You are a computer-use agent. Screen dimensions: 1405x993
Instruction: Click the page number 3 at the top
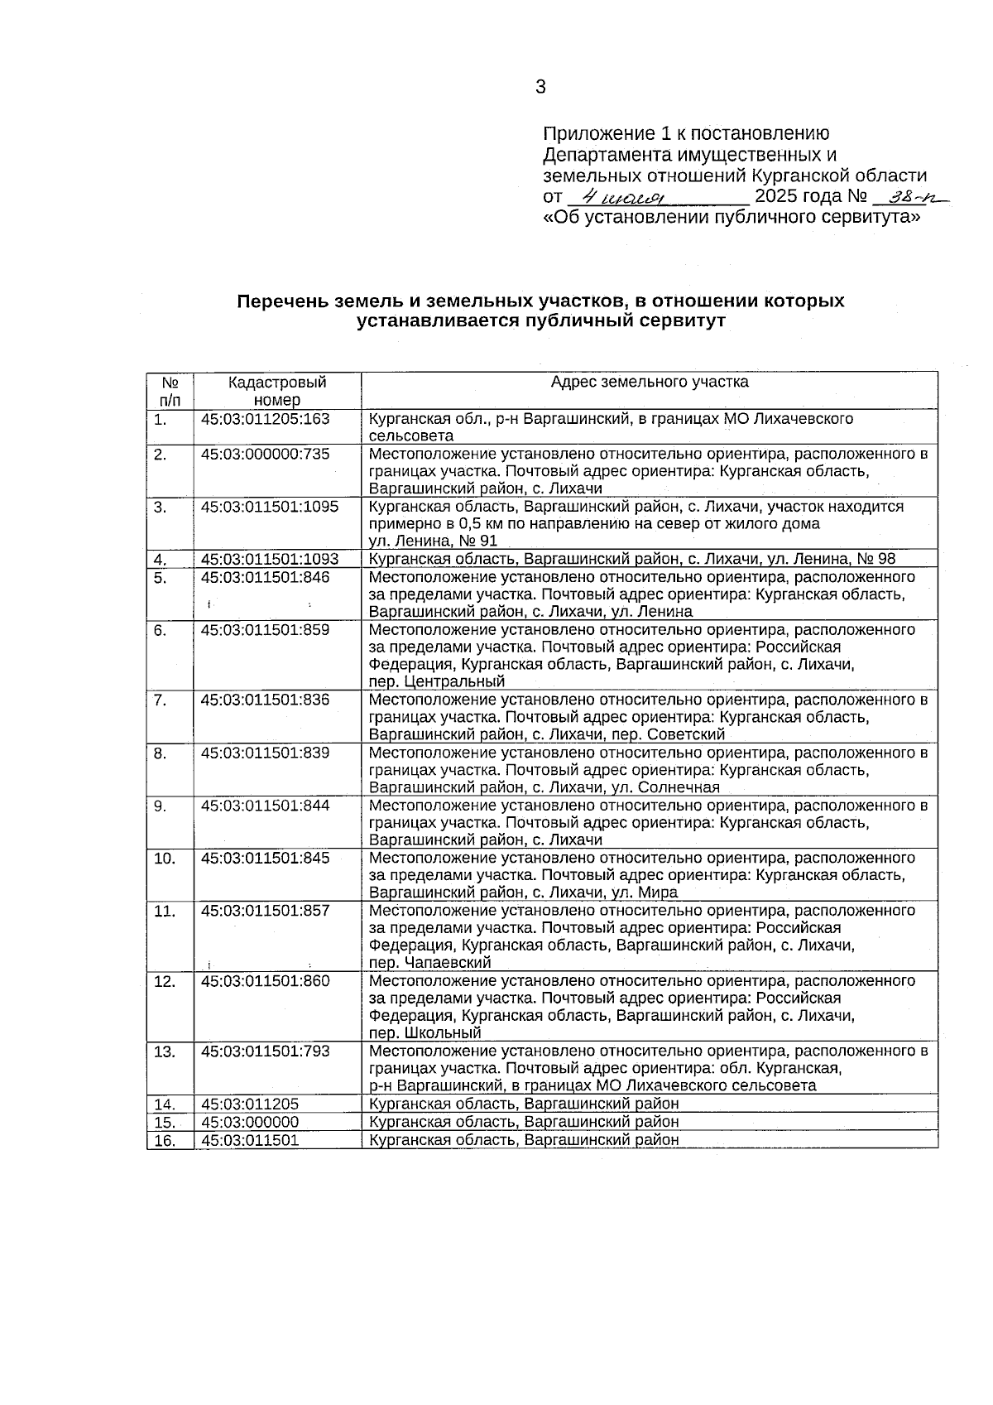pyautogui.click(x=540, y=87)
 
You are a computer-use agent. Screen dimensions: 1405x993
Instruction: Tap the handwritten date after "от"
pyautogui.click(x=625, y=197)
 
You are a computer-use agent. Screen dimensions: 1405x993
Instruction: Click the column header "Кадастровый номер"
pyautogui.click(x=277, y=390)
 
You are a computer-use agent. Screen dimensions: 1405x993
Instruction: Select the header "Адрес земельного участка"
pyautogui.click(x=650, y=382)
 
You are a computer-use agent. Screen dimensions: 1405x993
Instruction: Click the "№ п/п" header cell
pyautogui.click(x=170, y=390)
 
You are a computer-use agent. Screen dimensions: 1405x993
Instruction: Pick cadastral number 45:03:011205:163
pyautogui.click(x=265, y=419)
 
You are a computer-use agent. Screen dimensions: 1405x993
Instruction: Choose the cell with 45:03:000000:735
pyautogui.click(x=265, y=454)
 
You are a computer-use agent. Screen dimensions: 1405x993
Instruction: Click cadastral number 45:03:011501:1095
pyautogui.click(x=270, y=506)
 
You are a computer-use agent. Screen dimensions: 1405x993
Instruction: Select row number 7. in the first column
pyautogui.click(x=161, y=700)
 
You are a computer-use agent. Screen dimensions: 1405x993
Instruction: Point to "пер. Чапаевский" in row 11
pyautogui.click(x=430, y=963)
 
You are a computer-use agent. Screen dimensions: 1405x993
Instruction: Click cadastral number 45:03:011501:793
pyautogui.click(x=265, y=1051)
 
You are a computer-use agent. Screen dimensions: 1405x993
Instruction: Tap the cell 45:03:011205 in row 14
pyautogui.click(x=249, y=1104)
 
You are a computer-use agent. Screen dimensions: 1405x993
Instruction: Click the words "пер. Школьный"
pyautogui.click(x=425, y=1033)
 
